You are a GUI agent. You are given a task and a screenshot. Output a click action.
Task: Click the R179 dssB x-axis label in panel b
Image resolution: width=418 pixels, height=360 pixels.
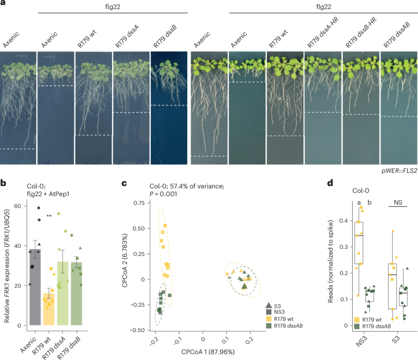[73, 342]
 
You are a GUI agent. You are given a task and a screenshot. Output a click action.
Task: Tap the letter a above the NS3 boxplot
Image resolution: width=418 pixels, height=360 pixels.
[359, 202]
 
